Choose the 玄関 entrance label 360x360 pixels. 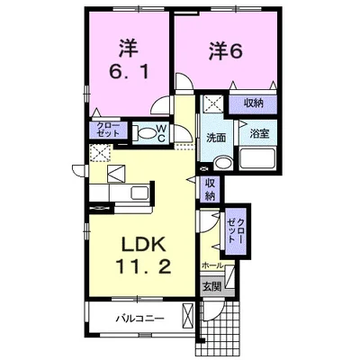211,287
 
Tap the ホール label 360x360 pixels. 211,266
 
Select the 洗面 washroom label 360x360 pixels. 215,139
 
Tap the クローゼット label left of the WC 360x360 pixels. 107,130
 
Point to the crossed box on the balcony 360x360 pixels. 187,316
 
